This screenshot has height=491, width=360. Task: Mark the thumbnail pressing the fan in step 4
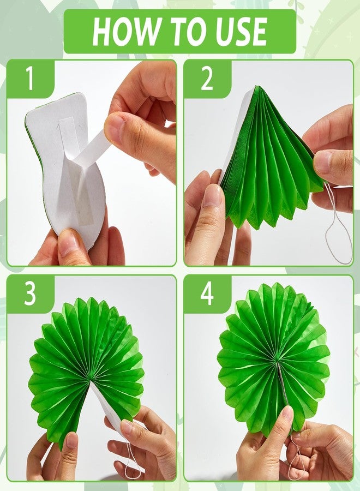pos(287,416)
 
